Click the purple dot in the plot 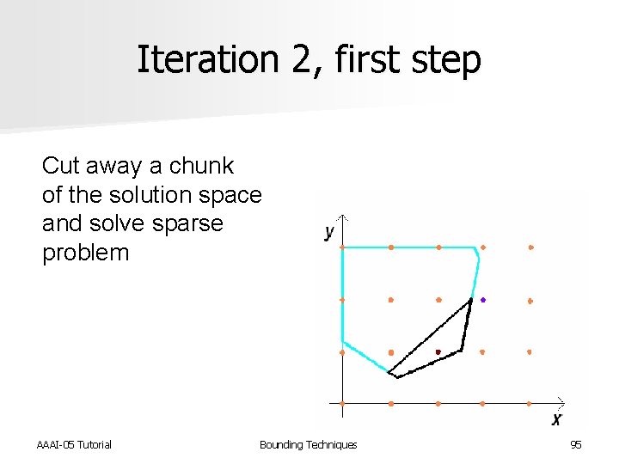click(x=483, y=300)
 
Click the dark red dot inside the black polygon click(x=438, y=352)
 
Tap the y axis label click(x=329, y=232)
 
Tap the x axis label click(x=557, y=419)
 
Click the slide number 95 click(x=575, y=444)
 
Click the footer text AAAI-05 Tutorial click(x=74, y=444)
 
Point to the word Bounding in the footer click(x=281, y=444)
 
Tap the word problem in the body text click(x=85, y=253)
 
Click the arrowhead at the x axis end click(x=561, y=401)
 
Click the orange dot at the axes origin click(x=343, y=403)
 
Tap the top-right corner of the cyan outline click(x=475, y=248)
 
